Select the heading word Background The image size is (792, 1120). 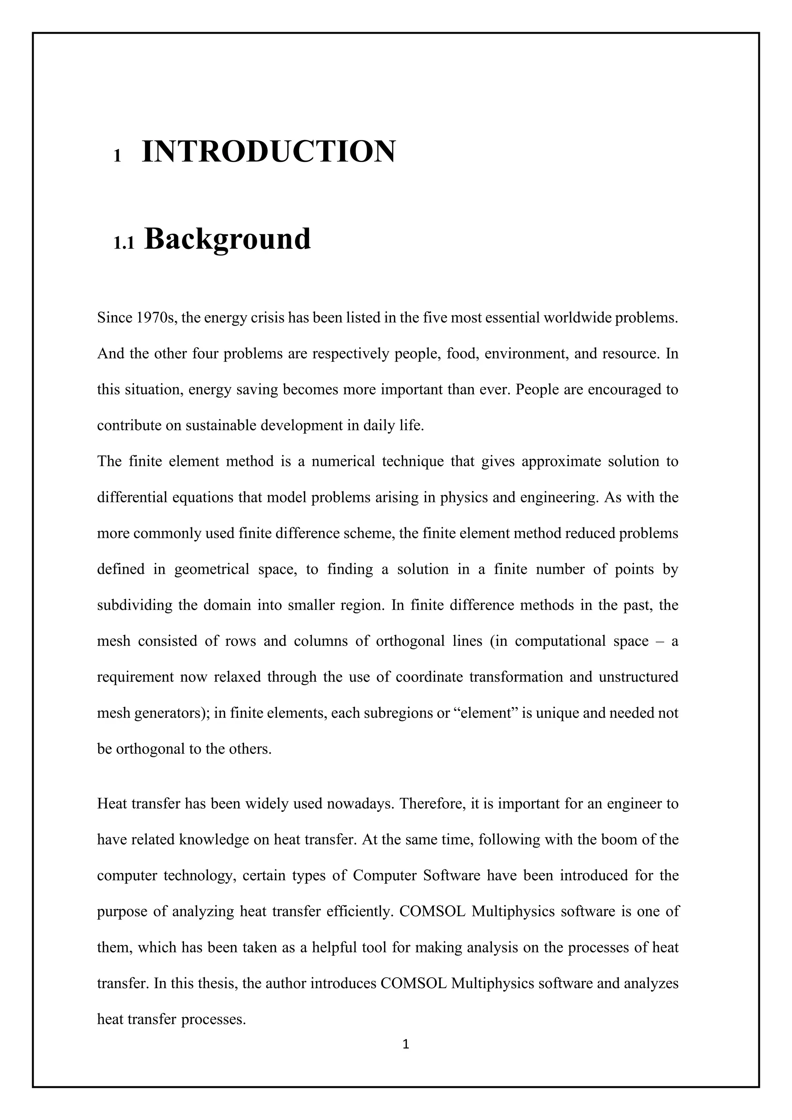click(x=227, y=239)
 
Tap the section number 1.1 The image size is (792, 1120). click(x=123, y=243)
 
